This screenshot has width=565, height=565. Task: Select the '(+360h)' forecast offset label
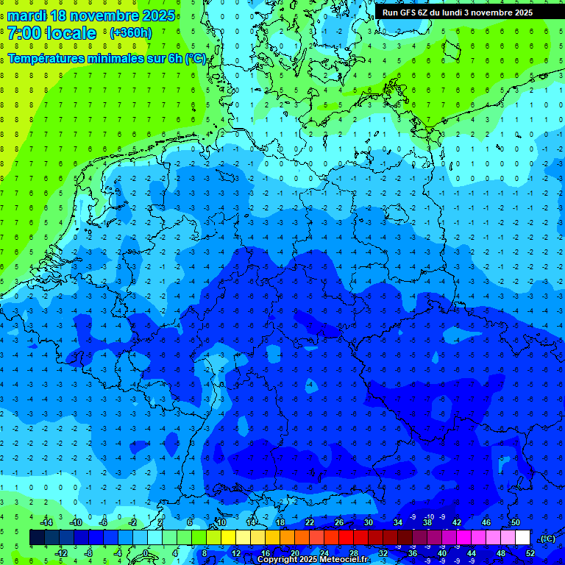click(130, 33)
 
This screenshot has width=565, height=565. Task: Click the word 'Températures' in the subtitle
click(46, 58)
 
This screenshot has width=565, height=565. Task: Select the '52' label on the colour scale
click(530, 553)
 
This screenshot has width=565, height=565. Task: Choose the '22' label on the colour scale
click(310, 522)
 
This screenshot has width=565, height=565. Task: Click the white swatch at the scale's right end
click(522, 538)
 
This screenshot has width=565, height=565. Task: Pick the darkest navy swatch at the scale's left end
click(37, 538)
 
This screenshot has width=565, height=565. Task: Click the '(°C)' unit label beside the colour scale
click(547, 539)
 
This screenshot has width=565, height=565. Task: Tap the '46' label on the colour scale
click(486, 522)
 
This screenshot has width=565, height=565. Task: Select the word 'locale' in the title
click(74, 33)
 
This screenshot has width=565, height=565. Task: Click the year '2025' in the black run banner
click(523, 13)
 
